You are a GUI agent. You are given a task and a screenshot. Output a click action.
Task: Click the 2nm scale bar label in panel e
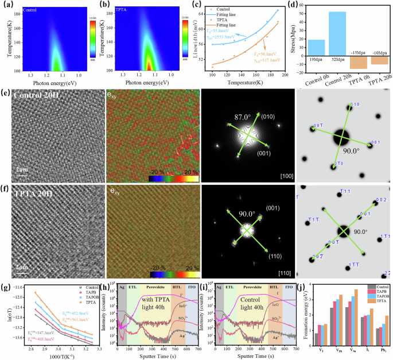(22, 170)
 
